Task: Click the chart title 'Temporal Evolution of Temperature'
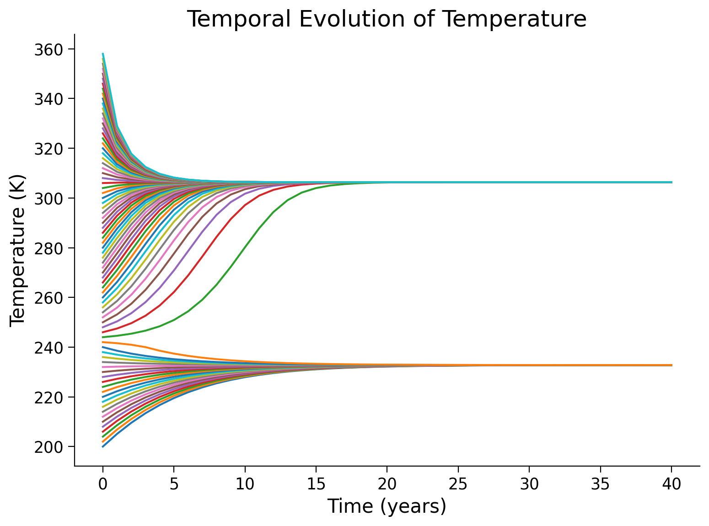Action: [387, 19]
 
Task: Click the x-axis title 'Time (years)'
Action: [387, 507]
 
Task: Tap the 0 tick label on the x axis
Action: [103, 483]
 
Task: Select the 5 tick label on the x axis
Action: [174, 483]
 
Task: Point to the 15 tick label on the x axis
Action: [316, 483]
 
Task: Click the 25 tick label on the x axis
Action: [458, 483]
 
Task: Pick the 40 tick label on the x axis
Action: [671, 483]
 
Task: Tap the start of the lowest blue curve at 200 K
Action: [103, 446]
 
